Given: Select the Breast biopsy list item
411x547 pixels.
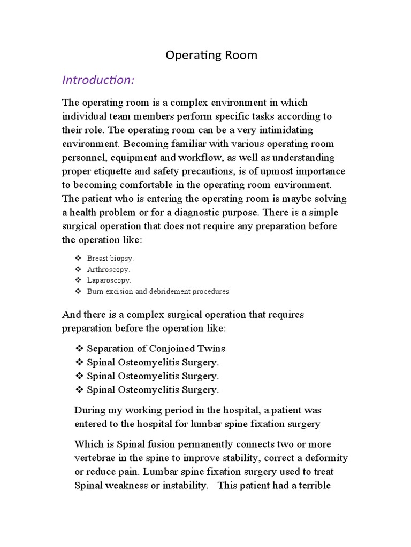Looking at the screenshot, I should tap(110, 258).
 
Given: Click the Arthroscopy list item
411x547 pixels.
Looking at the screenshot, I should tap(108, 269).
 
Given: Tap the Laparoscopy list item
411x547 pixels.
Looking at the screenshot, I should tap(109, 280).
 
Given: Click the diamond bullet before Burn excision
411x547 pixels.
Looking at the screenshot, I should tap(78, 291).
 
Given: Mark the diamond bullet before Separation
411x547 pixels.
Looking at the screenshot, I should tap(79, 349).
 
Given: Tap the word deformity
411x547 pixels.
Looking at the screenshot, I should tap(325, 458).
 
